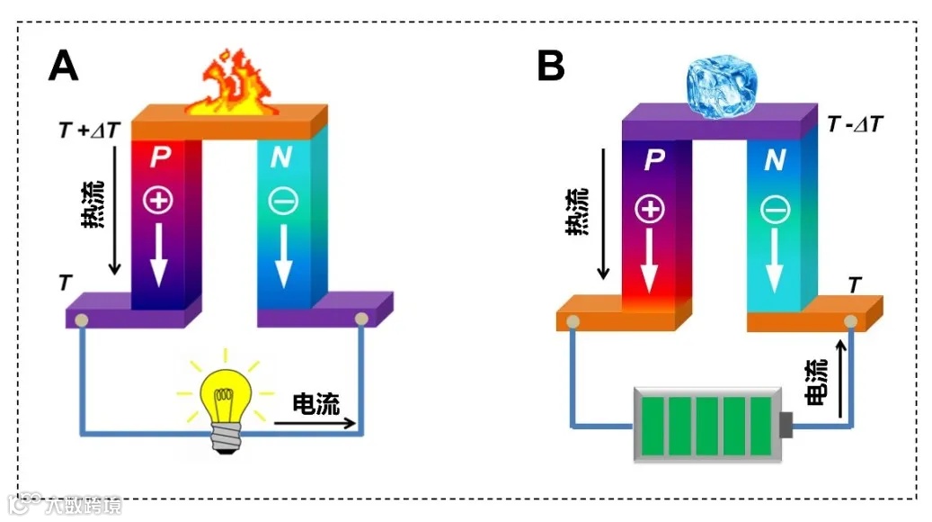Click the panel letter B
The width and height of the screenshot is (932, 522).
[551, 66]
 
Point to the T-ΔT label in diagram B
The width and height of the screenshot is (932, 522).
[854, 123]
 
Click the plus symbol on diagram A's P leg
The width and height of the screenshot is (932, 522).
[159, 200]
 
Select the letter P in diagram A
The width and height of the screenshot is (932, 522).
[160, 158]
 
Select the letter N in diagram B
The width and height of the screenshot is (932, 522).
[774, 162]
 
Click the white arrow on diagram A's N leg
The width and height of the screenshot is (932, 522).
[284, 255]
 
